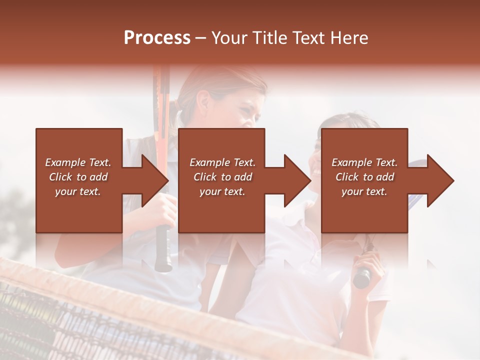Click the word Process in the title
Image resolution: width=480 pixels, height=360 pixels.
click(157, 37)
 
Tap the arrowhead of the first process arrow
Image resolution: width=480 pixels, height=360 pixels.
click(155, 180)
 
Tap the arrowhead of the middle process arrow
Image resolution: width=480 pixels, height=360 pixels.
click(298, 180)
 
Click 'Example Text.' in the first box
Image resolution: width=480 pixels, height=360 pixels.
click(78, 162)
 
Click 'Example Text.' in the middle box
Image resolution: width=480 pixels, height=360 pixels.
click(222, 162)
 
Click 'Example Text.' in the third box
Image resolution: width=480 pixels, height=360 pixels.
click(364, 162)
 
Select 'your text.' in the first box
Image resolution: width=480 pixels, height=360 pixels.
click(78, 191)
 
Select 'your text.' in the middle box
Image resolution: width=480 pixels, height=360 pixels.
click(222, 191)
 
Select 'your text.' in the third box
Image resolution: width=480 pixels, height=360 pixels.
click(364, 191)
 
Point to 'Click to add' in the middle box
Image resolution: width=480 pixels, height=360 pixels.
click(222, 177)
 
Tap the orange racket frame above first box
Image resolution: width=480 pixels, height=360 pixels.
click(161, 95)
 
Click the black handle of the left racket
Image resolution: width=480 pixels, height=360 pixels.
click(163, 250)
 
